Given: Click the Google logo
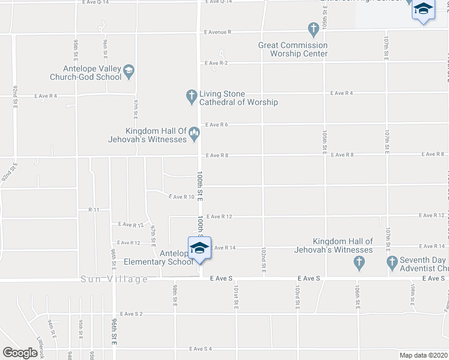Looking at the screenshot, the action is click(20, 353).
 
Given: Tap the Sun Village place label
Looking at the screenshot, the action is click(115, 280).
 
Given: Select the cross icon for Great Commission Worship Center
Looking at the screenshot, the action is click(313, 29).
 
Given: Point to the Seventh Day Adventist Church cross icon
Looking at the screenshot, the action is click(393, 262).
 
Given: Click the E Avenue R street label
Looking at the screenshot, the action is click(217, 32).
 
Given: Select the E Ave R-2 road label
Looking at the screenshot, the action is click(216, 63).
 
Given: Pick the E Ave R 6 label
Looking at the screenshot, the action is click(217, 125).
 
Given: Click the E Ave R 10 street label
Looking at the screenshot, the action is click(181, 197).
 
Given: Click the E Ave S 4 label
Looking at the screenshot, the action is click(200, 349).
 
